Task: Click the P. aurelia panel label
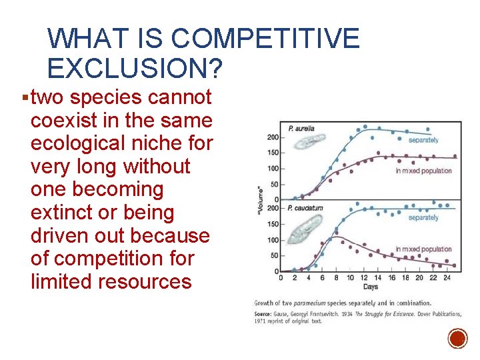[301, 128]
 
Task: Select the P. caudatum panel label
[305, 208]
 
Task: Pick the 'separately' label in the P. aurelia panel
[423, 140]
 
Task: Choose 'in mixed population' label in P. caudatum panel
[423, 249]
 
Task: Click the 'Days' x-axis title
[371, 287]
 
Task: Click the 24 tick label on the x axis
[446, 277]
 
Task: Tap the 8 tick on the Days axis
[335, 277]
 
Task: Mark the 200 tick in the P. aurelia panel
[272, 137]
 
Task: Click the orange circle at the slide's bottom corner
[457, 338]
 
